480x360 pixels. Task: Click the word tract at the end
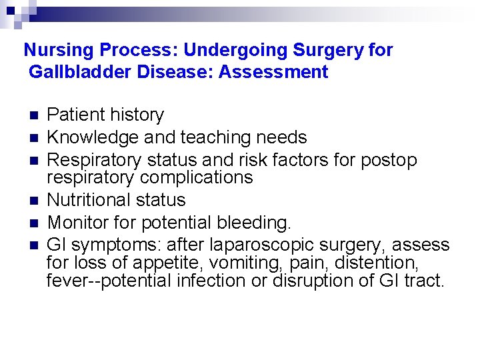(425, 281)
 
